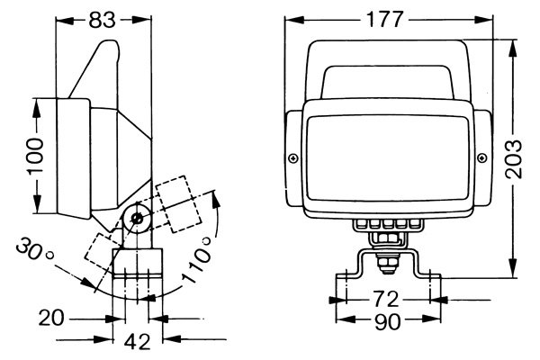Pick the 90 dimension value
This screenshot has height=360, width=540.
[388, 320]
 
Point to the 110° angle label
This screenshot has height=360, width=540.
[196, 261]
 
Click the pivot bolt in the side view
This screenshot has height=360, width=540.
[138, 217]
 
